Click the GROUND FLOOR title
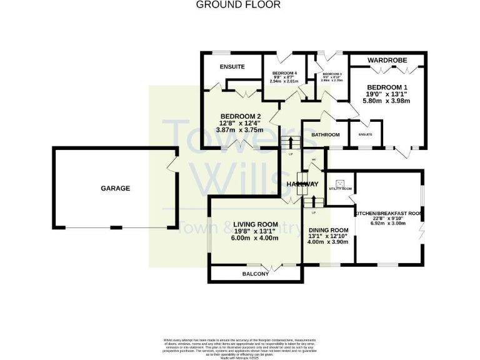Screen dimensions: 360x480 click(238, 5)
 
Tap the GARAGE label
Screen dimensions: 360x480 click(116, 188)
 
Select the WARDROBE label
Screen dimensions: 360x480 click(387, 60)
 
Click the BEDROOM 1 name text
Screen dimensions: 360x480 click(387, 87)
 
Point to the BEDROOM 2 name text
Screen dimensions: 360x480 click(239, 116)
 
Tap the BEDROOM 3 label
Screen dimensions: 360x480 click(332, 74)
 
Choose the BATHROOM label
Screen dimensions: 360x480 click(325, 135)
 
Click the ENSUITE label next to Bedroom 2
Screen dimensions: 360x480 click(232, 67)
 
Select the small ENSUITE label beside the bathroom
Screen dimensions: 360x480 click(365, 134)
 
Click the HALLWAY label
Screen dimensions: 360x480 click(302, 184)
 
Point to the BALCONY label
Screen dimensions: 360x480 click(255, 274)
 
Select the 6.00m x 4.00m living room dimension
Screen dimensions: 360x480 click(254, 237)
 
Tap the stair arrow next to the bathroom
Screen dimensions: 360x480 click(291, 144)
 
